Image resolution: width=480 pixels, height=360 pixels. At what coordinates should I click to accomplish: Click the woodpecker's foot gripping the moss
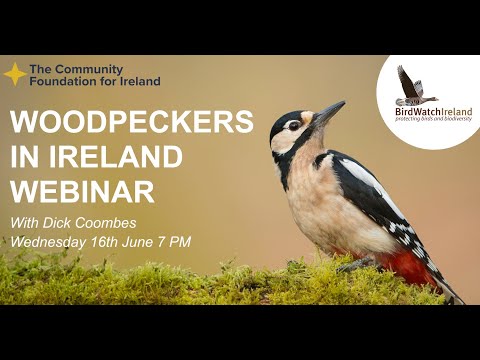tap(349, 266)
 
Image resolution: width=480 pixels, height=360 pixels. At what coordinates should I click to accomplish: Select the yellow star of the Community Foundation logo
tap(15, 74)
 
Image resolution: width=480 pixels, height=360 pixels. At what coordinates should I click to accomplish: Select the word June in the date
tap(148, 241)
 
